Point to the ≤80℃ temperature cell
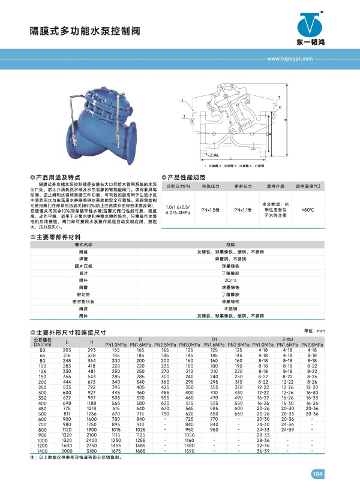pos(307,209)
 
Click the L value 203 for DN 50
pos(67,349)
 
